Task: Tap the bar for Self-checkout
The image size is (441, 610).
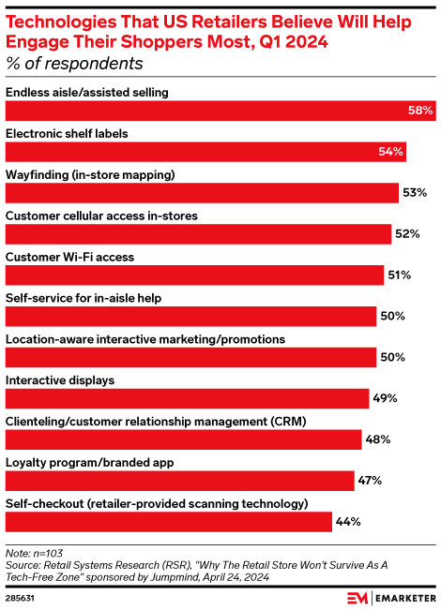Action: point(169,521)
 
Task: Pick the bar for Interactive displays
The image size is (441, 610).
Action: point(187,398)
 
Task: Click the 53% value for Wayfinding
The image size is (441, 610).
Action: point(414,193)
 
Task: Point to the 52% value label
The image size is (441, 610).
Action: point(406,233)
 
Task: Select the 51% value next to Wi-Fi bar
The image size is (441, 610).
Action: point(399,275)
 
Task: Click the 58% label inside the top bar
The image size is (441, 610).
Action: point(419,111)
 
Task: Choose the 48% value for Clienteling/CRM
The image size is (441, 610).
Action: point(377,439)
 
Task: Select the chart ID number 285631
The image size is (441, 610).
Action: point(20,597)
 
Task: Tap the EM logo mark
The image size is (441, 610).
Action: point(358,596)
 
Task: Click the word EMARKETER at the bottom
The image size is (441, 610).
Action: point(404,596)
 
